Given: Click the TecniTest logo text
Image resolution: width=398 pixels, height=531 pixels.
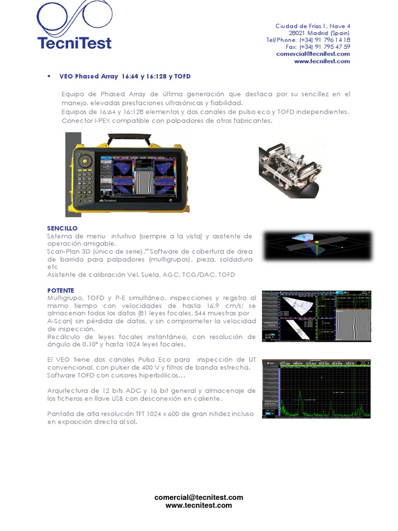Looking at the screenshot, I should coord(74,43).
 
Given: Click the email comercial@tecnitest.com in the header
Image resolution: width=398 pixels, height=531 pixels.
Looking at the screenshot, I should coord(313,53).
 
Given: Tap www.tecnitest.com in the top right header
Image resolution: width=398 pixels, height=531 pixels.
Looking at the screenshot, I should coord(322,61).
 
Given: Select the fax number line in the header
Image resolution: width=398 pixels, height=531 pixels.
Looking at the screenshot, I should coord(318,47).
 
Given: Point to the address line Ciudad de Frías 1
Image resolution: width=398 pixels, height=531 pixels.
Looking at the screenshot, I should coord(312,26).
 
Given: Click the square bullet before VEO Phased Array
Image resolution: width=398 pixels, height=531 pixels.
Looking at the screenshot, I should coord(49,76).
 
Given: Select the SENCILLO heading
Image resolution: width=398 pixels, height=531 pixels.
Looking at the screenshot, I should coord(62,228).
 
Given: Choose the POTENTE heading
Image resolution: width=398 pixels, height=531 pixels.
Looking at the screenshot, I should coord(61,290).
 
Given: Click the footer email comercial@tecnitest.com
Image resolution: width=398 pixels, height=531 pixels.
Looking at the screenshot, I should coord(198,497).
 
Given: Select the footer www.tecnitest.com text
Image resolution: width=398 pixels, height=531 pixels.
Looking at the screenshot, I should coord(198,505).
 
